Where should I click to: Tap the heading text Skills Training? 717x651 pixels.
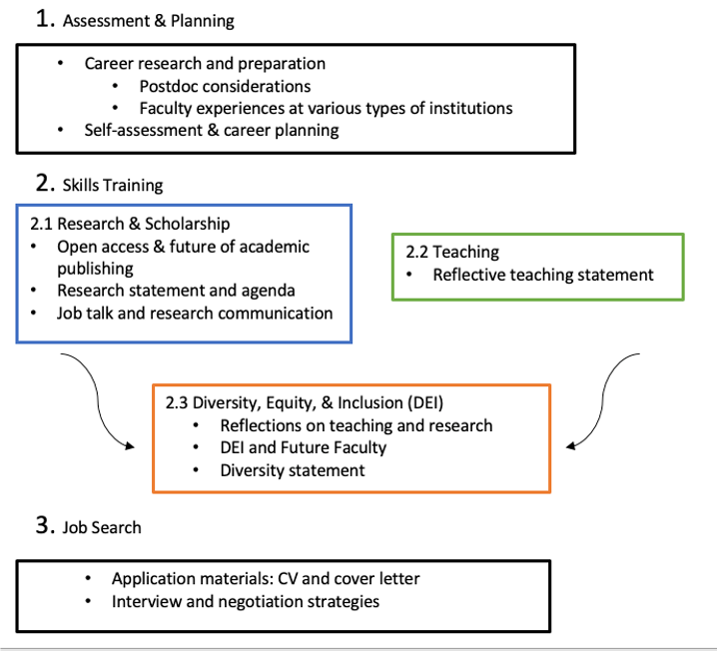point(113,185)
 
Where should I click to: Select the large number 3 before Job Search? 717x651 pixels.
point(44,525)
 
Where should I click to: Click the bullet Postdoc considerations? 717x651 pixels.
point(225,86)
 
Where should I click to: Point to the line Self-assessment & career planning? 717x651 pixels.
point(212,130)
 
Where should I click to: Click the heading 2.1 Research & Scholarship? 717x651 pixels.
point(130,224)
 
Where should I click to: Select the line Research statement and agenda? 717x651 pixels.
point(176,291)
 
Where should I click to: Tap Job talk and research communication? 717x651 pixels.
point(195,313)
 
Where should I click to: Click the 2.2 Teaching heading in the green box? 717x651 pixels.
point(452,253)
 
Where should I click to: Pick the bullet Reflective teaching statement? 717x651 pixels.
point(543,275)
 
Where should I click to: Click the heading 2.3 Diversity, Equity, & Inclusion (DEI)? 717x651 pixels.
point(305,403)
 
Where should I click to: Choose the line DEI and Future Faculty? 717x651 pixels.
point(303,447)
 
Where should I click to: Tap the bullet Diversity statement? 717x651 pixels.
point(293,469)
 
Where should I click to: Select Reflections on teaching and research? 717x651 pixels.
point(357,425)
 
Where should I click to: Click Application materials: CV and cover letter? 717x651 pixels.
point(266,579)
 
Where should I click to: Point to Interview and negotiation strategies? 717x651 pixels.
point(246,601)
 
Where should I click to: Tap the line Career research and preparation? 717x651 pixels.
point(205,63)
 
